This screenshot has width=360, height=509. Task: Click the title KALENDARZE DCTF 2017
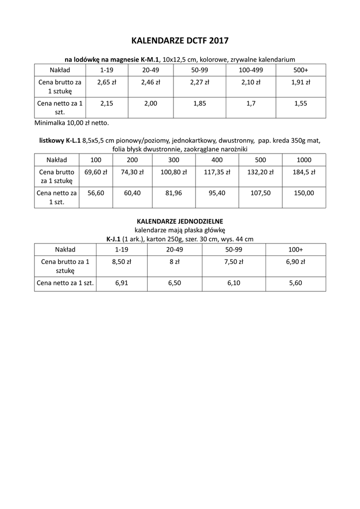180,40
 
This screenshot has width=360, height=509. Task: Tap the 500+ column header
300,70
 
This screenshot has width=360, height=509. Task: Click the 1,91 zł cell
300,83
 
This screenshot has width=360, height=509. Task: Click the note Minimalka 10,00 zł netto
71,122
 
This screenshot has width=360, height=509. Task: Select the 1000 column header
304,160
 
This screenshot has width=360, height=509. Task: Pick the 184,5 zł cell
304,172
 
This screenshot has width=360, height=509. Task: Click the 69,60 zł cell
95,172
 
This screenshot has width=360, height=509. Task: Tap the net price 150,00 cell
304,193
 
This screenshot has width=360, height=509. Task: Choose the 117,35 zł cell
217,172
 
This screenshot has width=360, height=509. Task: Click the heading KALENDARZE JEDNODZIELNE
180,221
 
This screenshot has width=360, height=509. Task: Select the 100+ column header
295,250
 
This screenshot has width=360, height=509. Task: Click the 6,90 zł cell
295,262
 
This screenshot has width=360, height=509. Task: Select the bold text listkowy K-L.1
60,141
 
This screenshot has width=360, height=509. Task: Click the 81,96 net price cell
175,193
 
